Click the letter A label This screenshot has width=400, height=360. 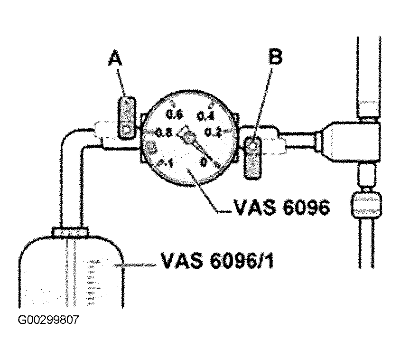point(115,59)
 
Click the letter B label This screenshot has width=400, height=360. point(275,58)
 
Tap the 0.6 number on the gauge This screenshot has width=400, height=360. point(174,114)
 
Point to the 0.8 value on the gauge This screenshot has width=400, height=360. point(163,133)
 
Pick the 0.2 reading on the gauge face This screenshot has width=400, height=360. point(214,133)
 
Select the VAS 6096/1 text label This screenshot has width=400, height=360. point(217,261)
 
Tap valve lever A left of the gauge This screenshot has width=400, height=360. point(127,118)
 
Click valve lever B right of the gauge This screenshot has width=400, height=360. point(252,157)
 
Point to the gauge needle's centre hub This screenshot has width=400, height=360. point(188,138)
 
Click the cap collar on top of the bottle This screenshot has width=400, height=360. point(70,232)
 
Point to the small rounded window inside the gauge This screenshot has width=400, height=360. point(151,147)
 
